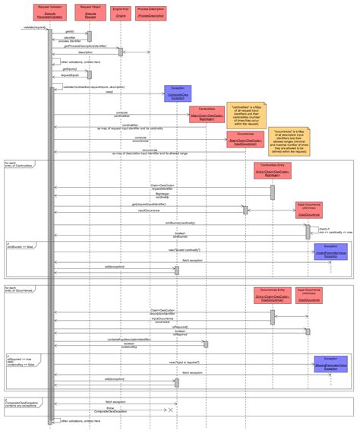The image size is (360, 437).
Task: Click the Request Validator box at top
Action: [x=50, y=13]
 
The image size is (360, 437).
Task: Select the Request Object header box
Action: [x=90, y=13]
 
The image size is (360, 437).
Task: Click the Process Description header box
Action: [x=150, y=13]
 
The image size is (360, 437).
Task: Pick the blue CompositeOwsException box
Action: [x=177, y=93]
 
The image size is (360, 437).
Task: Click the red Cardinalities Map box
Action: [x=207, y=114]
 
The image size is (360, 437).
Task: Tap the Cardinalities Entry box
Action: [x=272, y=170]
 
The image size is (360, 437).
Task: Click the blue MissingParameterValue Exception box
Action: [x=331, y=364]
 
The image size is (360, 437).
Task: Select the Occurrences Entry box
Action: [x=272, y=296]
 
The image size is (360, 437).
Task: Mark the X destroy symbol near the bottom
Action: [x=171, y=410]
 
